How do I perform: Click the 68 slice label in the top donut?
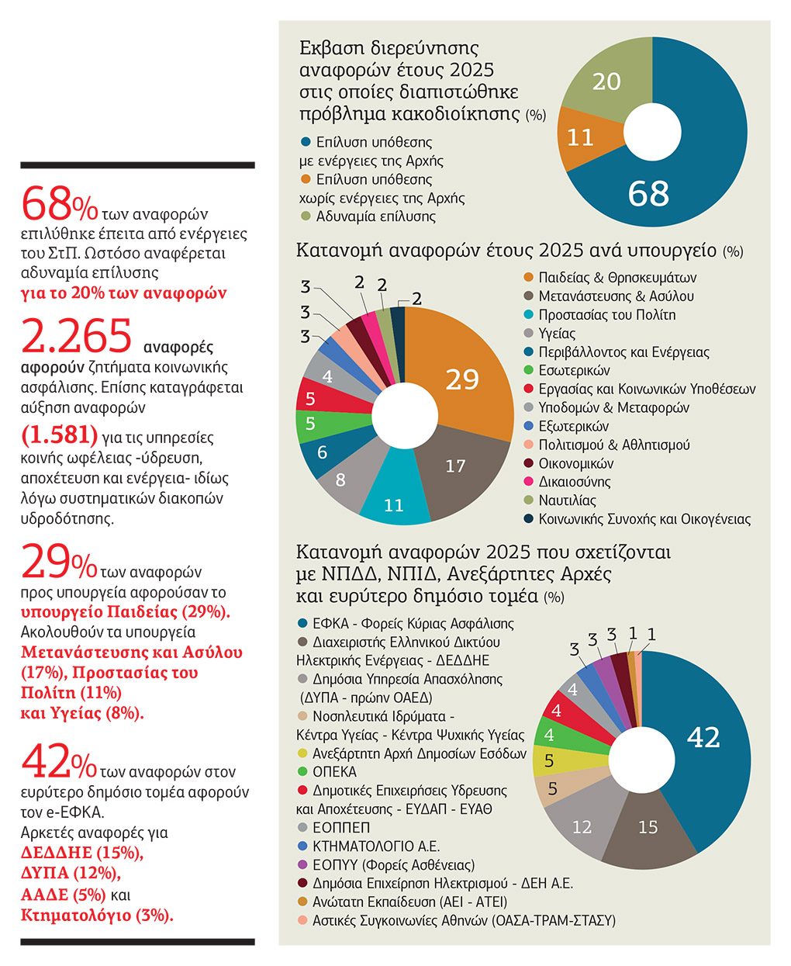coord(648,193)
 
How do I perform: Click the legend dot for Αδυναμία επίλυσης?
coord(306,216)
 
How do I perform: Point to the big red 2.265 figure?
coord(77,337)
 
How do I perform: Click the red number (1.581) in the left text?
coord(60,435)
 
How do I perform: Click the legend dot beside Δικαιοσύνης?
coord(529,481)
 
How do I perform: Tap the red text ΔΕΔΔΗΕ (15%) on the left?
coord(82,853)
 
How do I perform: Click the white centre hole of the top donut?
coord(652,132)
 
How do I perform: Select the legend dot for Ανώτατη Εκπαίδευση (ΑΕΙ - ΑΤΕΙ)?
coord(302,902)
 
